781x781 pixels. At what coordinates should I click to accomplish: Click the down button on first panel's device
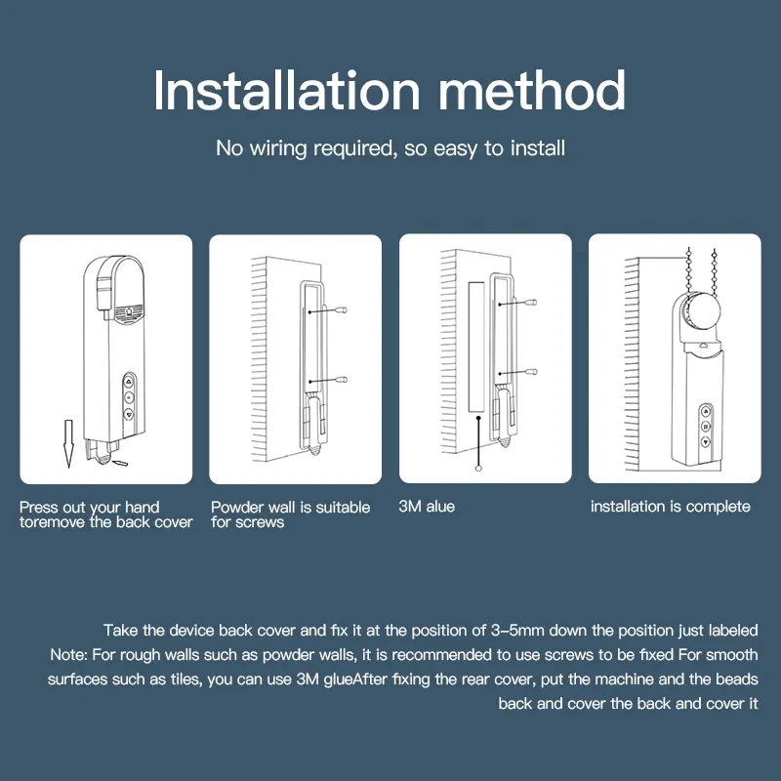129,414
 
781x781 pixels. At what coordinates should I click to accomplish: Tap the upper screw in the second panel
342,309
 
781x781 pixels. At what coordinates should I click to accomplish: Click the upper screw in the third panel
531,304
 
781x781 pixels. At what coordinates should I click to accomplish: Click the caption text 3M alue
427,507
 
